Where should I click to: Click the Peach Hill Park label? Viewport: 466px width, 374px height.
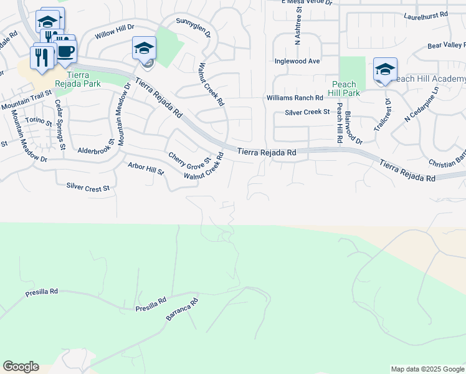click(345, 89)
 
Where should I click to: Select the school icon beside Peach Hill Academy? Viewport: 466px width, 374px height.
click(385, 70)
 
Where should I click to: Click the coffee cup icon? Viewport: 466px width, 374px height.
click(65, 52)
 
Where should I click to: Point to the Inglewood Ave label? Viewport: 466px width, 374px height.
click(297, 61)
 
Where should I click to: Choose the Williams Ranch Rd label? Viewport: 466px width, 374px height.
click(295, 98)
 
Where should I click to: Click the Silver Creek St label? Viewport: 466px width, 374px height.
click(307, 112)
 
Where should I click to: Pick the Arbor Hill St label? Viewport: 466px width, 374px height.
click(145, 168)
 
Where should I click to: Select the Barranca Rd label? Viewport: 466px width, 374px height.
click(182, 310)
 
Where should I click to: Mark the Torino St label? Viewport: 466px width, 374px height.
click(39, 122)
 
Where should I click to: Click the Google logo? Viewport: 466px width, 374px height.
click(21, 367)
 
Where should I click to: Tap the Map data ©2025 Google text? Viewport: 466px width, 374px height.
click(427, 369)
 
